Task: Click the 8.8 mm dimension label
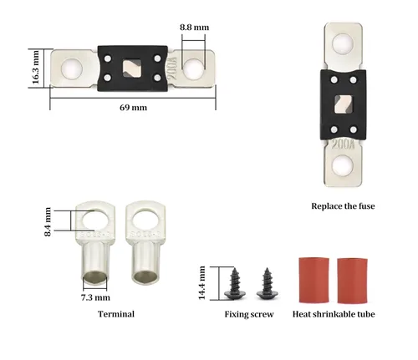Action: pos(194,28)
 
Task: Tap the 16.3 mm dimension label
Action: pos(36,67)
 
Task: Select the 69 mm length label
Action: pos(133,108)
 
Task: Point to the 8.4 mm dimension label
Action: pos(48,222)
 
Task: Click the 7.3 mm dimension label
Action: pos(95,297)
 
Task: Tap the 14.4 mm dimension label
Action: pos(201,283)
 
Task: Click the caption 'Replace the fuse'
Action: pos(343,206)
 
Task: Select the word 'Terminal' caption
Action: pos(116,314)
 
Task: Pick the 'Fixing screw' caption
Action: pos(249,314)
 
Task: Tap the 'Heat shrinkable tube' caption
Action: pos(334,314)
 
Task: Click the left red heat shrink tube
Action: pos(313,281)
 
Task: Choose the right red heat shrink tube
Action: pos(352,281)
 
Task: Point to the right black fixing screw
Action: pos(268,284)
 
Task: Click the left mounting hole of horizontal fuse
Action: pos(72,68)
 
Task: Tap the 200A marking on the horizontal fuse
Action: pos(173,68)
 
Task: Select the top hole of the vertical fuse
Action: pos(343,44)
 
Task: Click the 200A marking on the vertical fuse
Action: pos(343,145)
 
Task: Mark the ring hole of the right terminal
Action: pos(145,221)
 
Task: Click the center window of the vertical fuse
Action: pos(343,104)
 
